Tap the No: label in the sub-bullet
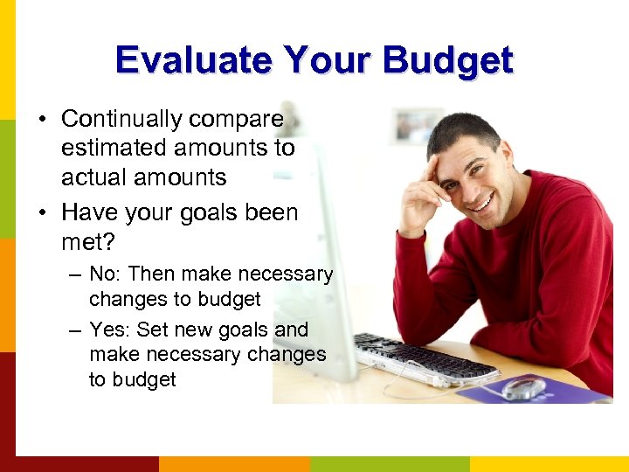(x=106, y=274)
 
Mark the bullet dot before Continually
(x=44, y=120)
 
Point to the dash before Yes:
(x=76, y=330)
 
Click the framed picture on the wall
(x=413, y=127)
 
